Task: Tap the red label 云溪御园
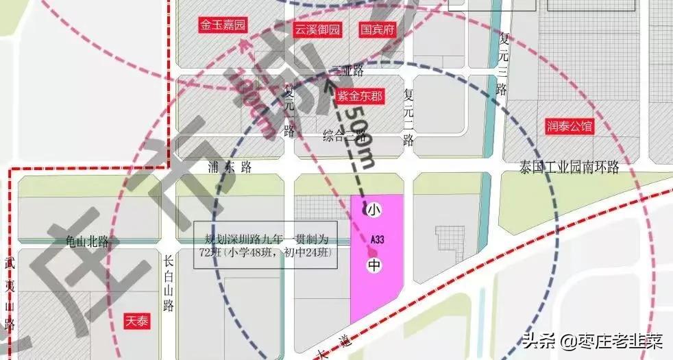(x=317, y=29)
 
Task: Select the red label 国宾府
(x=378, y=29)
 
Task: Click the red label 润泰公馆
(x=569, y=126)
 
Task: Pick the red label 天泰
(x=137, y=320)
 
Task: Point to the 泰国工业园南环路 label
(x=570, y=167)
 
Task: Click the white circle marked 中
(x=374, y=265)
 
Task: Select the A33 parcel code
(x=376, y=240)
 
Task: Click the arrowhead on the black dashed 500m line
(x=328, y=85)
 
